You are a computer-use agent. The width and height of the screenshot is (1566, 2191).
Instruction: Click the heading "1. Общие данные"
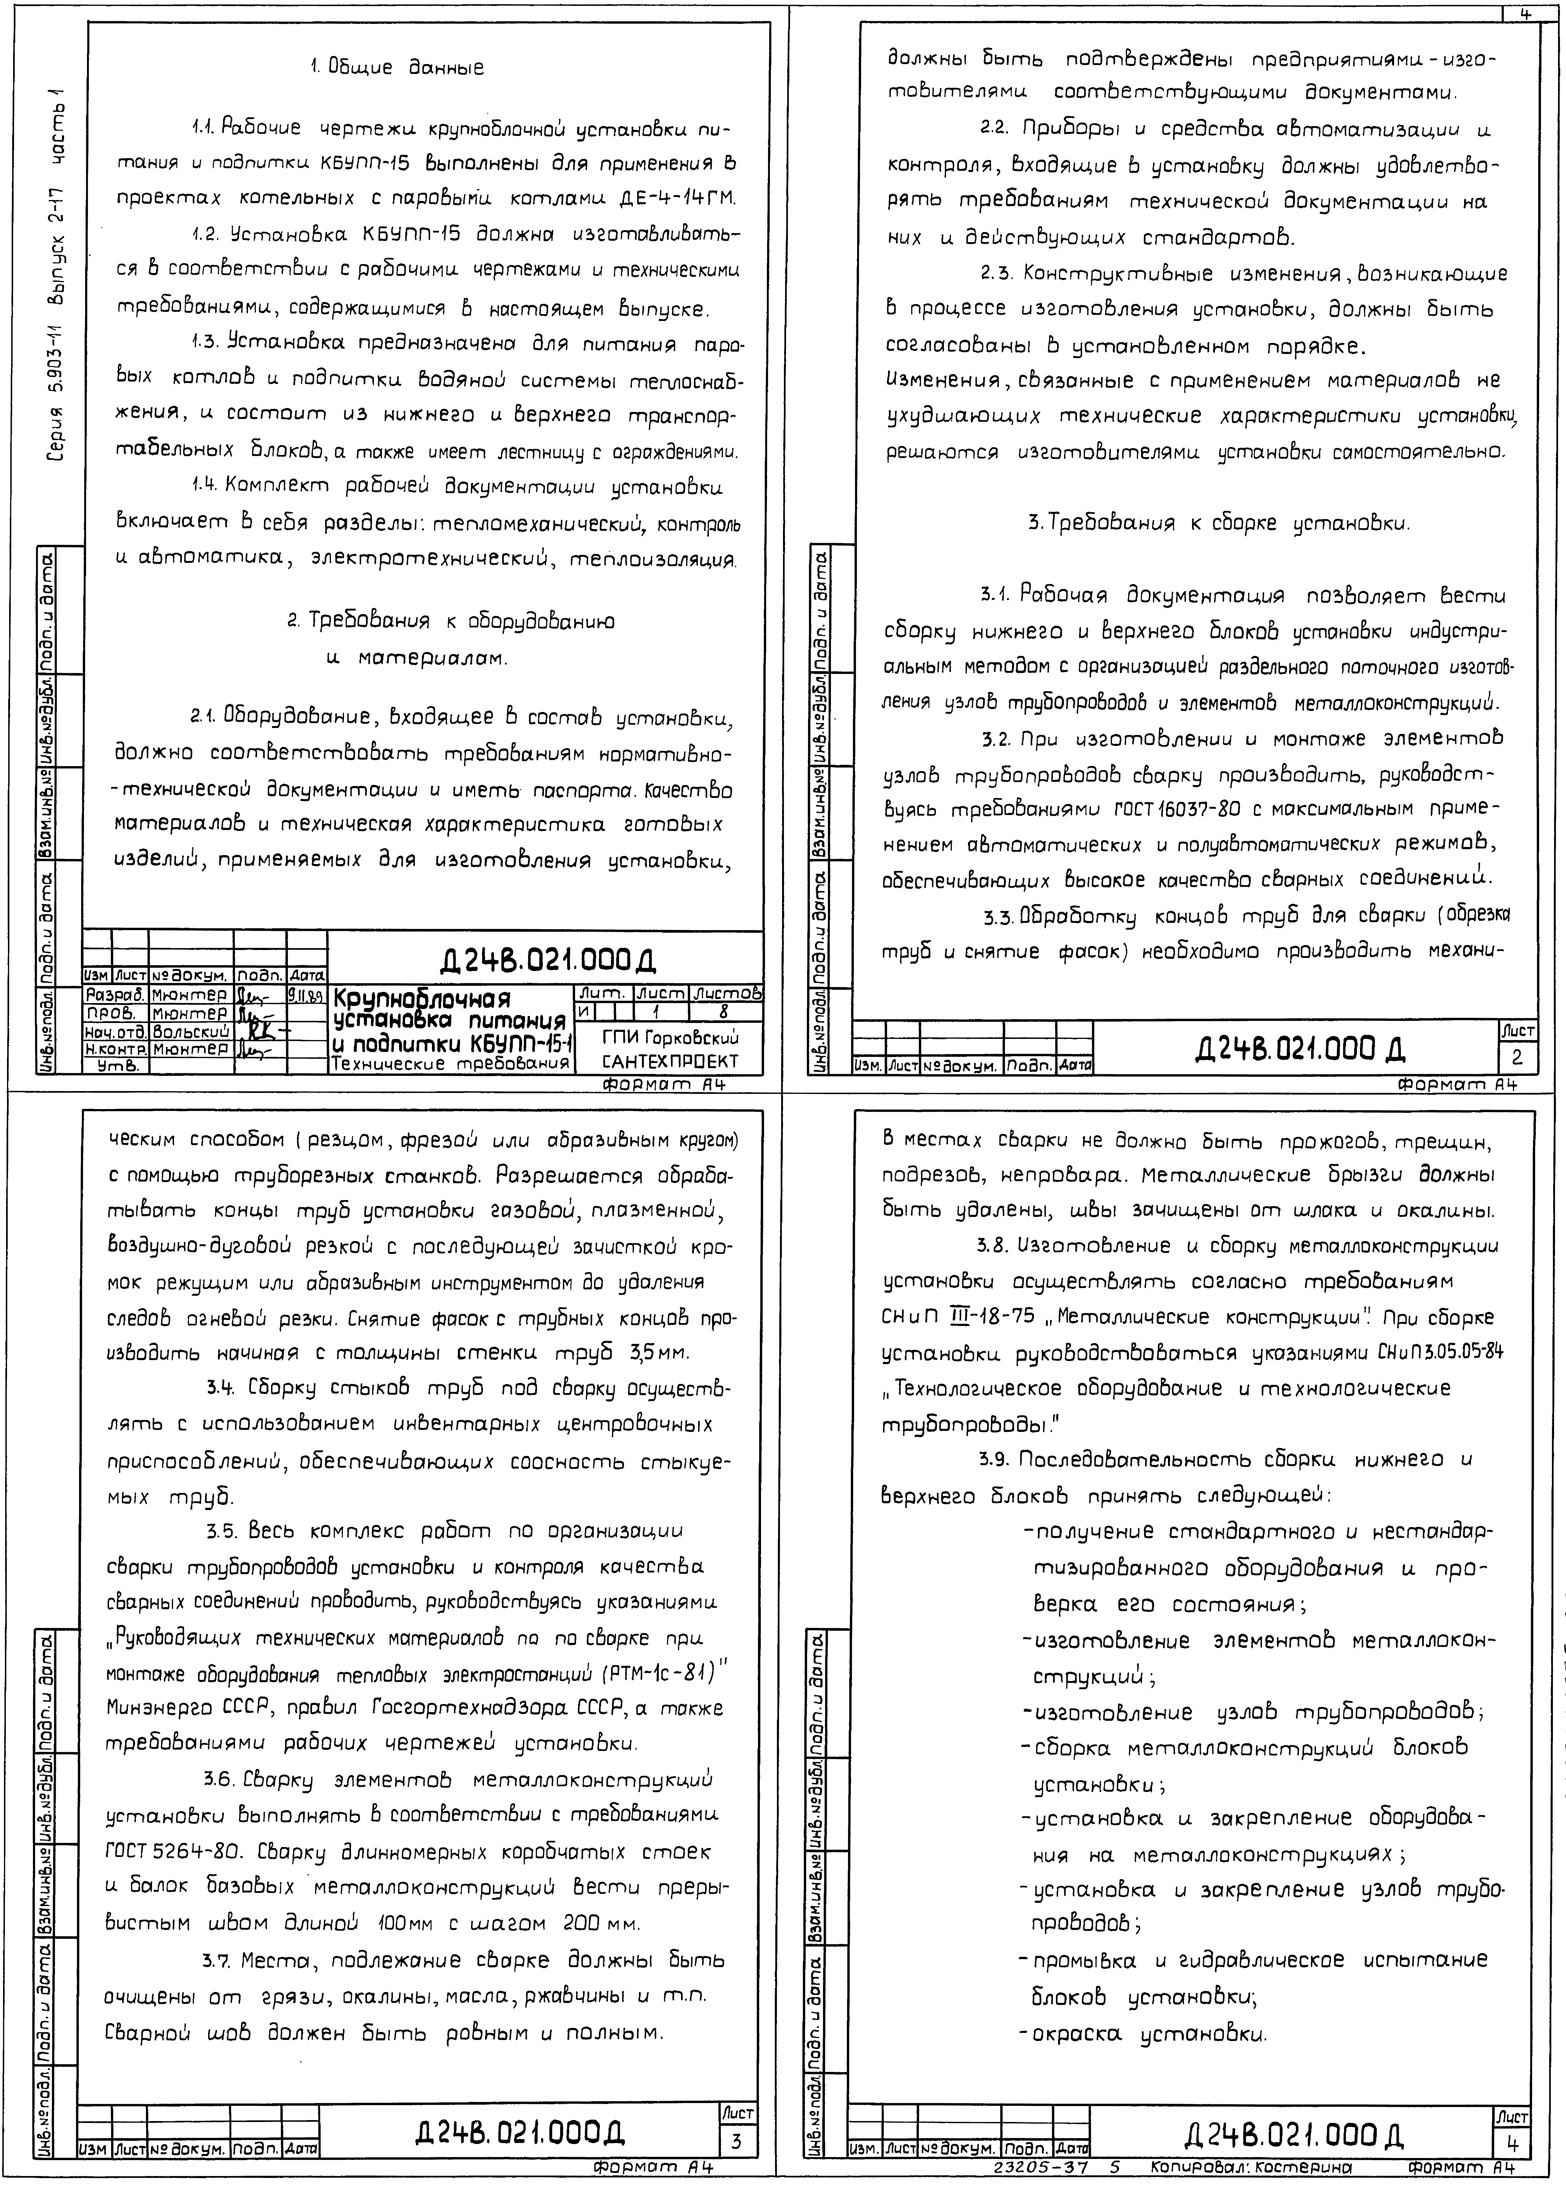[396, 68]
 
